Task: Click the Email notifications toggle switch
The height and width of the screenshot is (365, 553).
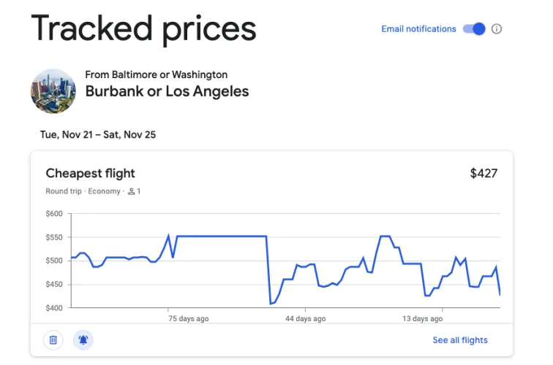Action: pyautogui.click(x=474, y=29)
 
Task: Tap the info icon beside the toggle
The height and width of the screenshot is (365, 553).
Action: pyautogui.click(x=497, y=29)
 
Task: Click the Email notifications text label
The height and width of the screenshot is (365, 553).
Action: pyautogui.click(x=418, y=29)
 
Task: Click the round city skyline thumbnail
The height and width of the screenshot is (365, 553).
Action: pyautogui.click(x=53, y=91)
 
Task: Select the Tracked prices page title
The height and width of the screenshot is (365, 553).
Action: pyautogui.click(x=143, y=28)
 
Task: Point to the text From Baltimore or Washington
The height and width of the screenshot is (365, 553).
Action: pyautogui.click(x=156, y=74)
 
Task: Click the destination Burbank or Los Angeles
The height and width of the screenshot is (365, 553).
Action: pyautogui.click(x=167, y=92)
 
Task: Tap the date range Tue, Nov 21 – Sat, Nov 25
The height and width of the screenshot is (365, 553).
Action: pyautogui.click(x=98, y=134)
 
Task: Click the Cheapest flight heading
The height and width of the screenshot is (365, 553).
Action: pyautogui.click(x=90, y=173)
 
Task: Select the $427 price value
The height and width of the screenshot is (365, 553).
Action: pyautogui.click(x=484, y=173)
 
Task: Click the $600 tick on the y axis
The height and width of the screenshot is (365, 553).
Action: pyautogui.click(x=54, y=214)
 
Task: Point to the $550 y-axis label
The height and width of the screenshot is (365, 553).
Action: pyautogui.click(x=54, y=237)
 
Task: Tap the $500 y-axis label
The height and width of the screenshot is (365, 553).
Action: pyautogui.click(x=54, y=261)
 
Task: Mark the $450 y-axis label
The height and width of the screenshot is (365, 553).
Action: pyautogui.click(x=54, y=285)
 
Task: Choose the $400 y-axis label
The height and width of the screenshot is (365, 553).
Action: pyautogui.click(x=54, y=308)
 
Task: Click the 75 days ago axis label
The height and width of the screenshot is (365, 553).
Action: pyautogui.click(x=188, y=319)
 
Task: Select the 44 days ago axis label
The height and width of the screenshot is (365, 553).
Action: pyautogui.click(x=306, y=319)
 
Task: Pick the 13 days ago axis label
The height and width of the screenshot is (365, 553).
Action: pyautogui.click(x=423, y=319)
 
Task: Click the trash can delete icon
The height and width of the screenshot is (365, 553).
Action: pyautogui.click(x=53, y=339)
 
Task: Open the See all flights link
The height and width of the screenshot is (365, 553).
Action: pyautogui.click(x=459, y=340)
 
